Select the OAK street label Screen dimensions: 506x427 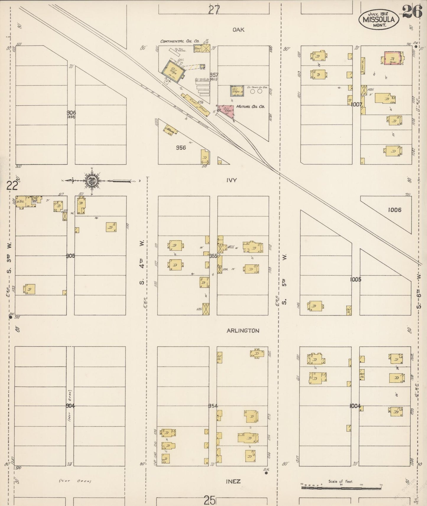pyautogui.click(x=238, y=30)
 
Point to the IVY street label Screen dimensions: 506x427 pyautogui.click(x=231, y=180)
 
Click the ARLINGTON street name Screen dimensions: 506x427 pyautogui.click(x=243, y=331)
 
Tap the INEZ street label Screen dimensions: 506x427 pyautogui.click(x=233, y=481)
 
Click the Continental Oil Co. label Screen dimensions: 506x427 pyautogui.click(x=179, y=41)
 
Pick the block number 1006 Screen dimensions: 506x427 pyautogui.click(x=395, y=210)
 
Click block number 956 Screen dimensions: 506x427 pyautogui.click(x=181, y=148)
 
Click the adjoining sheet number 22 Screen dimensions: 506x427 pyautogui.click(x=12, y=186)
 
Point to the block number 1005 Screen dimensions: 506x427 pyautogui.click(x=355, y=279)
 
